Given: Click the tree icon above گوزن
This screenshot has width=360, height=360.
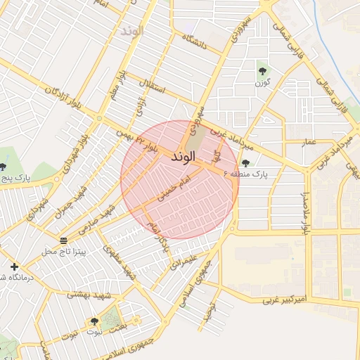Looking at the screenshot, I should click(262, 70).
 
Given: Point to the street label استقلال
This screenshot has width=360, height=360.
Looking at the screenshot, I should click(153, 91).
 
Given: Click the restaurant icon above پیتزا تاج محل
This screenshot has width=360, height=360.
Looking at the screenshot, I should click(63, 240).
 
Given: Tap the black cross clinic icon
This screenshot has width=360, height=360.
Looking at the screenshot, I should click(14, 266).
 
